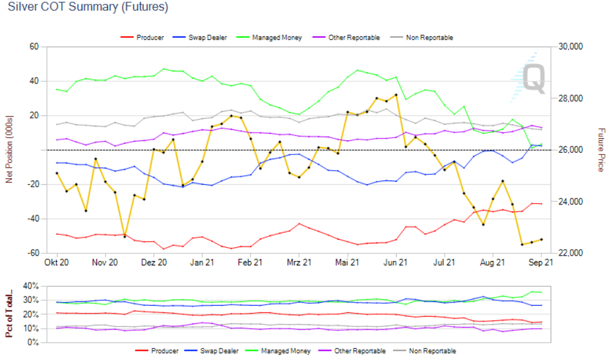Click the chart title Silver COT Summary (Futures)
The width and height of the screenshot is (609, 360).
point(88,7)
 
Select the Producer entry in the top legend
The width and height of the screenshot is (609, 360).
point(149,38)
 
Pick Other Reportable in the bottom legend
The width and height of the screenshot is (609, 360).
point(359,351)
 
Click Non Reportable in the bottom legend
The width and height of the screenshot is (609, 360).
point(433,351)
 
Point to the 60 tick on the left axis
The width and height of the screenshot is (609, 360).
point(34,47)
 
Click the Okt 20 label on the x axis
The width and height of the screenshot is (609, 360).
point(57,263)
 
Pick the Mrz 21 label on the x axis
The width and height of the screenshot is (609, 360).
point(298,263)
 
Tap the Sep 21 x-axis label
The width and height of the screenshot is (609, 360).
point(541,263)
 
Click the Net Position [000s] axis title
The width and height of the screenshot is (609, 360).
point(9,149)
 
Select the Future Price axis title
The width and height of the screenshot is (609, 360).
point(600,150)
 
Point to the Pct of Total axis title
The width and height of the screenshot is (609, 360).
point(10,314)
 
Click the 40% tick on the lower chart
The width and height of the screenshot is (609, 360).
point(31,286)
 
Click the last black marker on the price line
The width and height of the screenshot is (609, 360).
point(541,240)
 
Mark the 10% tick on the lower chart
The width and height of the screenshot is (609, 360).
point(31,328)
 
